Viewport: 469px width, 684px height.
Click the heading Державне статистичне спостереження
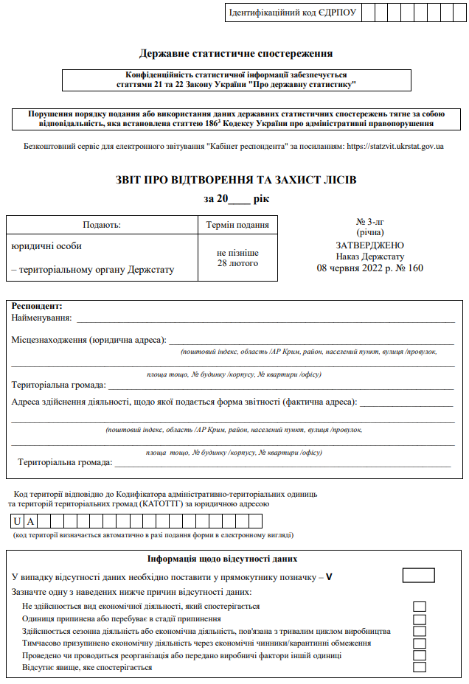click(236, 53)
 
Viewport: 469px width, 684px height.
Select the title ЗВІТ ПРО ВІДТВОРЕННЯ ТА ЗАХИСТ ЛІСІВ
click(236, 181)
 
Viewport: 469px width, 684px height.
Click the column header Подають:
click(102, 225)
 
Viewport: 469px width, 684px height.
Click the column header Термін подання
click(237, 225)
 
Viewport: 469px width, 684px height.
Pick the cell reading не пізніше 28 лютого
click(237, 258)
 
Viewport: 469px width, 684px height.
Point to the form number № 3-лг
click(369, 222)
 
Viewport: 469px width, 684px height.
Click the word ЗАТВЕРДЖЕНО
click(369, 245)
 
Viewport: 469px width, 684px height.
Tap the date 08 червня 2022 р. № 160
click(369, 268)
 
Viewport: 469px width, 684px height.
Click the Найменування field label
click(42, 318)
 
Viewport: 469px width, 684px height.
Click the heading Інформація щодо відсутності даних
click(232, 559)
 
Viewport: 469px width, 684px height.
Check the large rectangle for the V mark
click(418, 576)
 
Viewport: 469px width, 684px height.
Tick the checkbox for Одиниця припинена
click(420, 618)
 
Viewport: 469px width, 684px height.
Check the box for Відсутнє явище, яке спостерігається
click(420, 667)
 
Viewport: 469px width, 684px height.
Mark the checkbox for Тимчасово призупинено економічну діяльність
click(420, 643)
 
